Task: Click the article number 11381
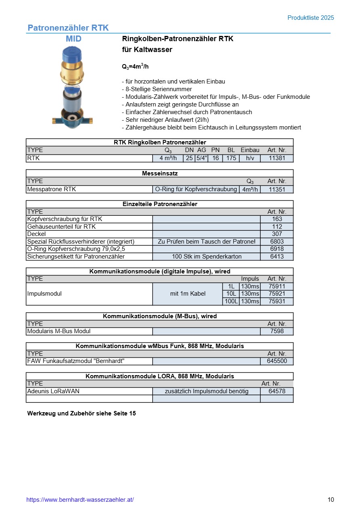[277, 158]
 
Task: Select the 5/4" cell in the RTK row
[201, 158]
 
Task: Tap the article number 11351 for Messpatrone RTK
[277, 189]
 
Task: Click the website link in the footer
[80, 500]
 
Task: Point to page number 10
[331, 500]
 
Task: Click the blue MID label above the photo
[73, 39]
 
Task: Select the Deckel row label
[36, 234]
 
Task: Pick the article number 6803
[277, 242]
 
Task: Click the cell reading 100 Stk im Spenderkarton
[207, 257]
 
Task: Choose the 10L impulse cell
[231, 294]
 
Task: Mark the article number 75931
[277, 301]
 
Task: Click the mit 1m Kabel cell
[188, 294]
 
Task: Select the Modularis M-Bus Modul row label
[59, 331]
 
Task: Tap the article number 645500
[277, 361]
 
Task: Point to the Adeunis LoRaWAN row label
[53, 391]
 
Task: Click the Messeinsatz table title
[160, 173]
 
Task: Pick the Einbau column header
[250, 150]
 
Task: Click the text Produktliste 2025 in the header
[311, 18]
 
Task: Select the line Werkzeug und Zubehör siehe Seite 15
[82, 413]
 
